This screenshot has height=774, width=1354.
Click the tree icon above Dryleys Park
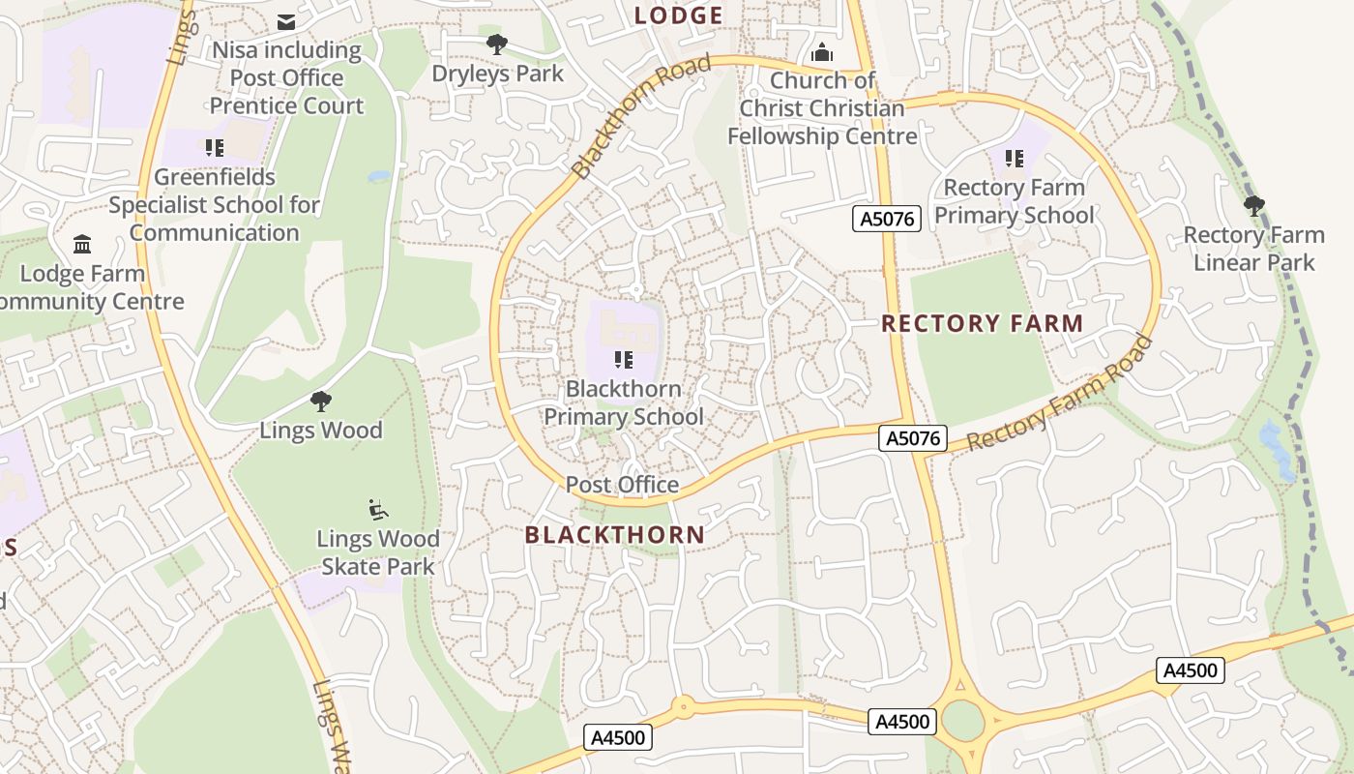[x=497, y=44]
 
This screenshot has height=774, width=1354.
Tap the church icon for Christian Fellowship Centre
[x=822, y=51]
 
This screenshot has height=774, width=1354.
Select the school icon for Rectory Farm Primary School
[x=1014, y=158]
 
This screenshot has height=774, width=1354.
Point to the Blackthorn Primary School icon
[x=624, y=360]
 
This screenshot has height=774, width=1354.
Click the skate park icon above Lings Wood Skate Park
[x=378, y=509]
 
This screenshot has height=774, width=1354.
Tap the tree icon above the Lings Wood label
[x=321, y=401]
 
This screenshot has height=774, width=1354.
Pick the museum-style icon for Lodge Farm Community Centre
[x=82, y=244]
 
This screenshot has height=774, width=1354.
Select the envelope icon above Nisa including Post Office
[x=286, y=21]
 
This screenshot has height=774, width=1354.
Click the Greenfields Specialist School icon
[x=214, y=148]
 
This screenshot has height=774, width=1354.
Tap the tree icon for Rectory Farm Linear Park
[x=1254, y=205]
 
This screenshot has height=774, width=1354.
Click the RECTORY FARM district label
[x=982, y=323]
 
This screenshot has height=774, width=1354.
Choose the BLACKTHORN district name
[x=614, y=534]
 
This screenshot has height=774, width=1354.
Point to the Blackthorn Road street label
[x=641, y=116]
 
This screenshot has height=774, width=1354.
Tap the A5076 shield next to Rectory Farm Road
[x=913, y=438]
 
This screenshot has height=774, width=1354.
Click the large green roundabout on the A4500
[x=962, y=721]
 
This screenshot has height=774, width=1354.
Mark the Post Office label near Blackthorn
[x=622, y=484]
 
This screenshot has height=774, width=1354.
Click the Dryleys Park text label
[x=497, y=74]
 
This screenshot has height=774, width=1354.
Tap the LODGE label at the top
[x=678, y=15]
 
